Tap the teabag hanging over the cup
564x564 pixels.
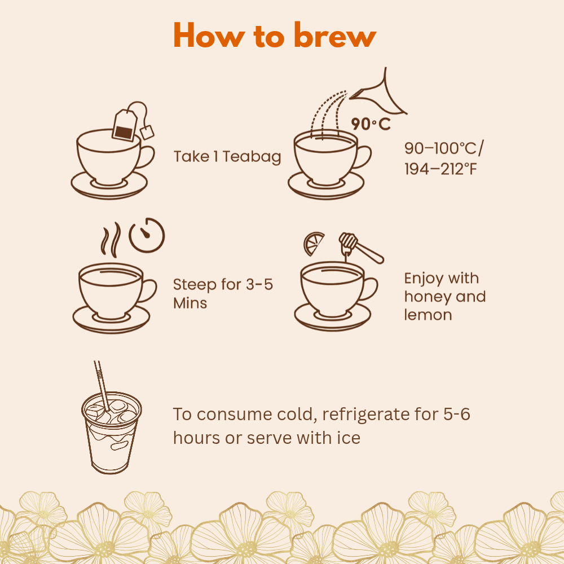pos(124,125)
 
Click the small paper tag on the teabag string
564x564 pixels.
pos(148,133)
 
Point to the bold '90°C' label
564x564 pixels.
pos(371,124)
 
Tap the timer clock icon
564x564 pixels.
pos(147,235)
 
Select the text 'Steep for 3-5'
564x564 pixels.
pos(223,284)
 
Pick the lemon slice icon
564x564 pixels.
pos(314,243)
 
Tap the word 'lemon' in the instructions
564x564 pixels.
pos(428,315)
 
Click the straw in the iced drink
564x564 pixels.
pos(102,384)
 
